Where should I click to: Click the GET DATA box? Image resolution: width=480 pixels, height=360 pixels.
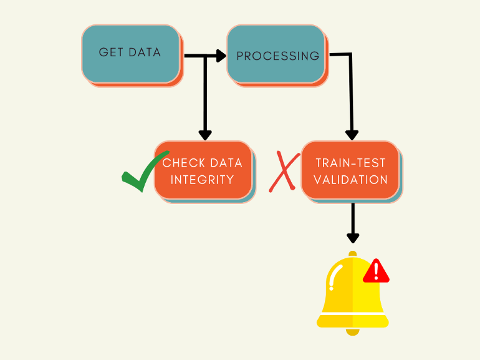pyautogui.click(x=130, y=54)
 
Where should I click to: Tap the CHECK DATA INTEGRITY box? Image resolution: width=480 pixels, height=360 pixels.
pyautogui.click(x=203, y=170)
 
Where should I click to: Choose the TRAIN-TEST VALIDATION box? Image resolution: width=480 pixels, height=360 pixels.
pyautogui.click(x=350, y=170)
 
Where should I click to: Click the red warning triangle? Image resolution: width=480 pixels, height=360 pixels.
pyautogui.click(x=376, y=271)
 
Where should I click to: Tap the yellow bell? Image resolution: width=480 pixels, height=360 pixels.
pyautogui.click(x=349, y=293)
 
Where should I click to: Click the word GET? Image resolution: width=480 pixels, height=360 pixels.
pyautogui.click(x=111, y=52)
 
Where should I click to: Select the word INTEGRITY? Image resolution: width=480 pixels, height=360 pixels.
pyautogui.click(x=203, y=180)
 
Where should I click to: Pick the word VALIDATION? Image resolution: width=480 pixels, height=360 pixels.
pyautogui.click(x=350, y=180)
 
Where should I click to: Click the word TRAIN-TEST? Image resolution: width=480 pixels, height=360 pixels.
pyautogui.click(x=350, y=163)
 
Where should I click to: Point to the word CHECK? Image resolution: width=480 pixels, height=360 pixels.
pyautogui.click(x=184, y=163)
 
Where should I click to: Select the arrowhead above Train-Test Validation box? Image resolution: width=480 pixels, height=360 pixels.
pyautogui.click(x=352, y=134)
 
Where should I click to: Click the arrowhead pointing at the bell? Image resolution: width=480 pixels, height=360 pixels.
pyautogui.click(x=353, y=238)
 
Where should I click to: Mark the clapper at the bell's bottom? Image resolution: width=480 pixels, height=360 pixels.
pyautogui.click(x=353, y=331)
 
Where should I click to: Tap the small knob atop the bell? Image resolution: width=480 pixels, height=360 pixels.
pyautogui.click(x=353, y=254)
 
